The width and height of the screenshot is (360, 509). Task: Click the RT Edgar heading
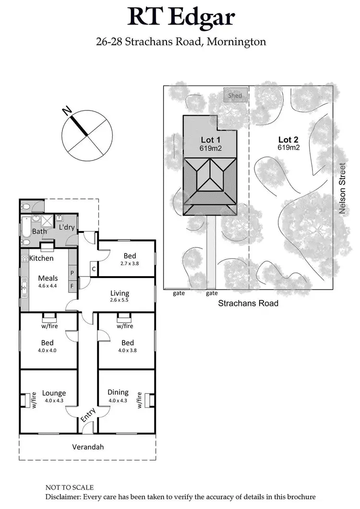coord(181,17)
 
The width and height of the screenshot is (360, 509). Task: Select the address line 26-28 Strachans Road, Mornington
coord(181,42)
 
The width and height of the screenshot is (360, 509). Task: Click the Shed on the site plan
coord(235,95)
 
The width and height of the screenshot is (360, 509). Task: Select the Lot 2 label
coord(288,139)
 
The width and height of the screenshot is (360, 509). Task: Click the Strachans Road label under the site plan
coord(248,303)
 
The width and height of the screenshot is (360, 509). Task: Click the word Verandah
coord(88,447)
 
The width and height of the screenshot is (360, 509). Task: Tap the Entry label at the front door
coord(88,414)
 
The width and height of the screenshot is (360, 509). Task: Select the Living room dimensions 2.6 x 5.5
coord(120,301)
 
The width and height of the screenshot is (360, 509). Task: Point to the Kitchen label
coord(41,258)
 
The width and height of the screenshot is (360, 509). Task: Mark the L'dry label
coord(67,227)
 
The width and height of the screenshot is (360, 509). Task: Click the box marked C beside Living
coord(94,269)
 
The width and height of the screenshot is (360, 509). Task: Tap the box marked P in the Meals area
coord(72,272)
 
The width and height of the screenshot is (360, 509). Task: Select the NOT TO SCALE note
coord(70,487)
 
